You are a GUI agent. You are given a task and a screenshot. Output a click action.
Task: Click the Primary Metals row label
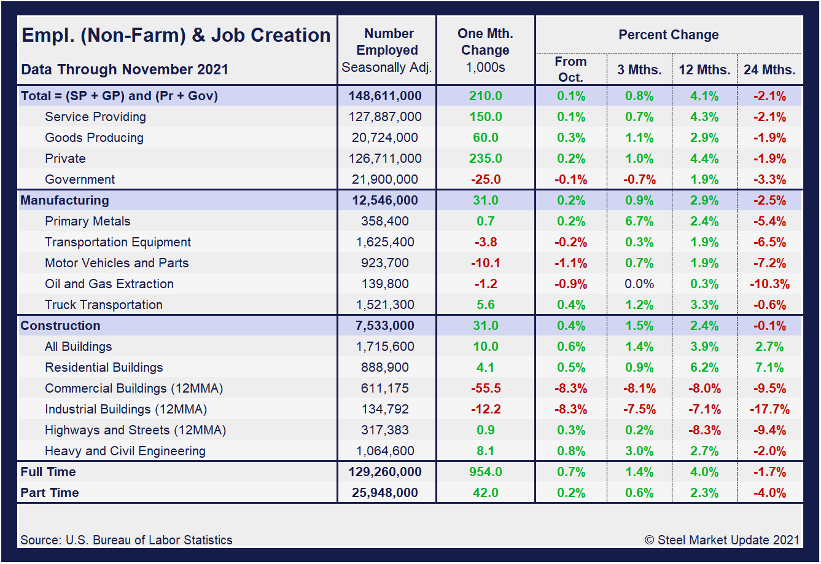[x=87, y=221]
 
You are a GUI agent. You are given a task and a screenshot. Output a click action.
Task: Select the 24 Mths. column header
[x=769, y=69]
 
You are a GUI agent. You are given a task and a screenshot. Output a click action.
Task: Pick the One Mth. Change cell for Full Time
[x=485, y=472]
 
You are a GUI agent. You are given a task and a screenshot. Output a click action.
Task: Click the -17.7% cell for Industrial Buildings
[x=769, y=409]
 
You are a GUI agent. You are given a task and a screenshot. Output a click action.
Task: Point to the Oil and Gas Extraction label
[x=109, y=284]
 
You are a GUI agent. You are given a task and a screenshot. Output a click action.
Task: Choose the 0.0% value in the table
[x=639, y=284]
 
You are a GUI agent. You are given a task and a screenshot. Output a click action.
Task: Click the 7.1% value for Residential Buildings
[x=769, y=367]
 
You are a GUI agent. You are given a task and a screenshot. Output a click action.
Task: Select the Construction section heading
[x=60, y=326]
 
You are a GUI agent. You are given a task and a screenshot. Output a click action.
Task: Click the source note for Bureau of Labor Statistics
[x=126, y=540]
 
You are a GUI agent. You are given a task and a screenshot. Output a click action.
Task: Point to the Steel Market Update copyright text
[x=722, y=540]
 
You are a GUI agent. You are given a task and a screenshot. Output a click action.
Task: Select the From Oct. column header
[x=570, y=69]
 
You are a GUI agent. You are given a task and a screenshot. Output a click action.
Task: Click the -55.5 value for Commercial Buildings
[x=485, y=388]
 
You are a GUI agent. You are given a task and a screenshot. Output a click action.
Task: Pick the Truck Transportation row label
[x=103, y=305]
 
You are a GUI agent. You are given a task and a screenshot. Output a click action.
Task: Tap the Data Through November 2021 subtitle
[x=124, y=69]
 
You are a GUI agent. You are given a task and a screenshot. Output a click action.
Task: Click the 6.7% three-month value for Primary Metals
[x=639, y=221]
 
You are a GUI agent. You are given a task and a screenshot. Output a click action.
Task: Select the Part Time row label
[x=49, y=493]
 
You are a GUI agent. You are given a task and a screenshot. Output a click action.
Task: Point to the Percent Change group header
[x=668, y=35]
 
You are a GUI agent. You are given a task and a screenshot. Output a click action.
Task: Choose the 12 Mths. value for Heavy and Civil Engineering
[x=704, y=451]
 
